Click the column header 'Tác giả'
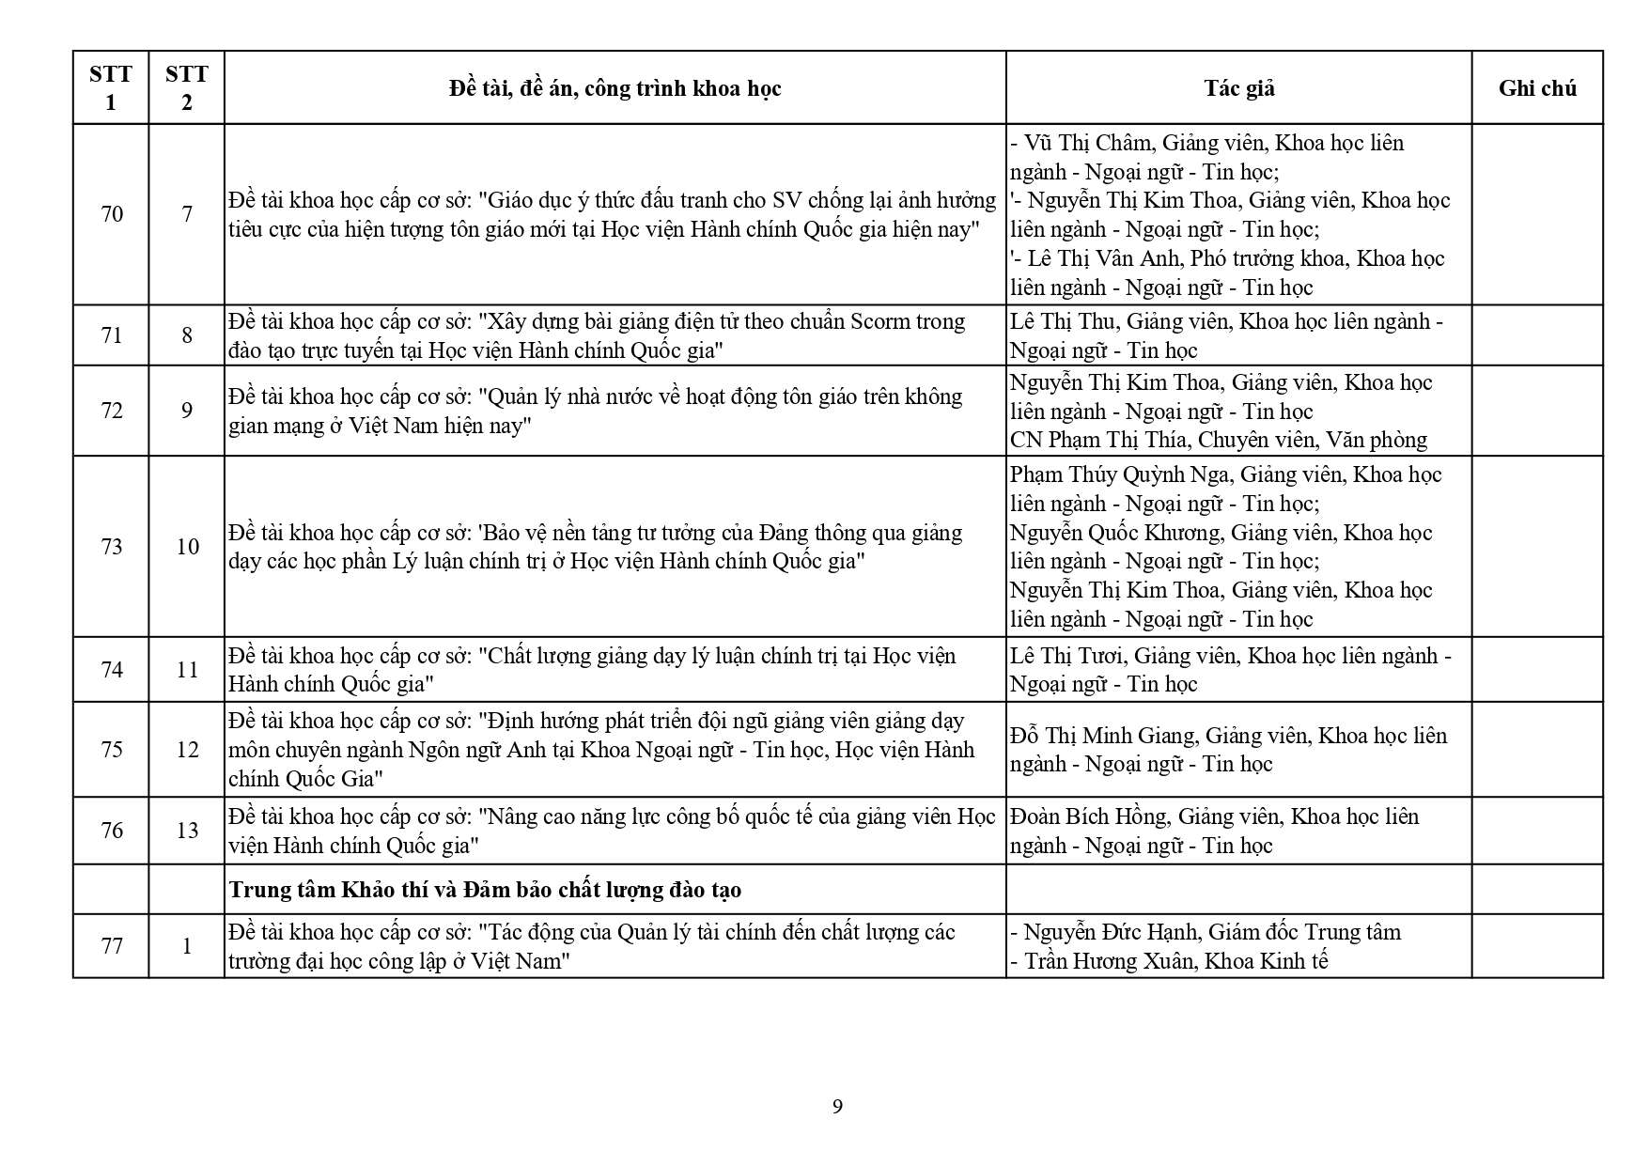tap(1238, 88)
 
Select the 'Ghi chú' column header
tap(1536, 88)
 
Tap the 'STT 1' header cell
tap(111, 88)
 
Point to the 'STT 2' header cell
tap(186, 88)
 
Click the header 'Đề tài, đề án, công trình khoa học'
tap(614, 88)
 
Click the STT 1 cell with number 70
tap(112, 214)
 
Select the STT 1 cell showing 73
tap(112, 547)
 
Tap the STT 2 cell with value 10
tap(187, 547)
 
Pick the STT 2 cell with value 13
tap(187, 831)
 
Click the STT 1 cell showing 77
tap(112, 946)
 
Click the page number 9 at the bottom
tap(837, 1107)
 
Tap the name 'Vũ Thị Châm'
tap(1087, 143)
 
